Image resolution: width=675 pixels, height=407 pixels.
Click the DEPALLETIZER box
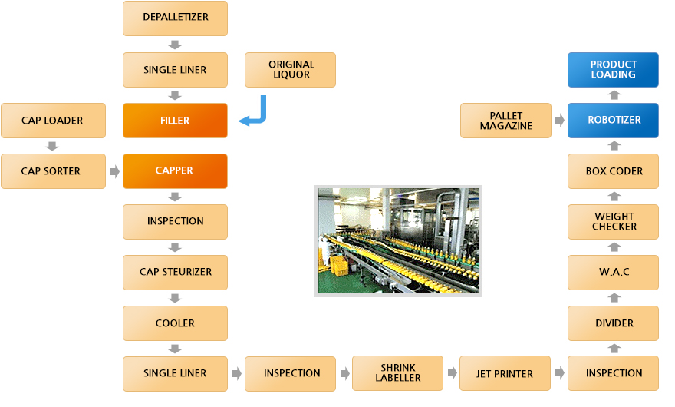click(175, 18)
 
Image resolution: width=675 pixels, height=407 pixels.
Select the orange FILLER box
click(175, 121)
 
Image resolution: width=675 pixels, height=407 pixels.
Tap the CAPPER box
click(175, 171)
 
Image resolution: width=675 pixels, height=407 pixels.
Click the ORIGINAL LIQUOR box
click(291, 70)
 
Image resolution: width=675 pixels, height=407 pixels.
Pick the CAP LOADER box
click(53, 121)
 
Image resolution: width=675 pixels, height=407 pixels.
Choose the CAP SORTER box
click(53, 171)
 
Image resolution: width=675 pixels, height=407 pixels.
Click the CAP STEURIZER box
click(175, 272)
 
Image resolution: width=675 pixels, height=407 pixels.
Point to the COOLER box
click(175, 323)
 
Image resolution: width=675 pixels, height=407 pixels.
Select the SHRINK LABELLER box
click(397, 373)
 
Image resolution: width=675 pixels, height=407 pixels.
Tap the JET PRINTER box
click(505, 373)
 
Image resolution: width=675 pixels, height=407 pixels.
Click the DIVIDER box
click(614, 323)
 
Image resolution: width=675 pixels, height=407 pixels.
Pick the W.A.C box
click(614, 272)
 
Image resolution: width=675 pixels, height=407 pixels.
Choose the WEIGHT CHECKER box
click(614, 222)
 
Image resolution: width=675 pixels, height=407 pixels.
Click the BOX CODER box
click(614, 171)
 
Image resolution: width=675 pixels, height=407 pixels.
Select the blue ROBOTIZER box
click(614, 121)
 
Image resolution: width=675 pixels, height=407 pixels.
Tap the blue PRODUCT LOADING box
click(614, 70)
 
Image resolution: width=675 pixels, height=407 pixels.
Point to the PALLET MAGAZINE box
click(505, 121)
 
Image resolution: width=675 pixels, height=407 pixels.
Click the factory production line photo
click(399, 240)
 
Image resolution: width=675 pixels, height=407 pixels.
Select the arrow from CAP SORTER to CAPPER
click(114, 171)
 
